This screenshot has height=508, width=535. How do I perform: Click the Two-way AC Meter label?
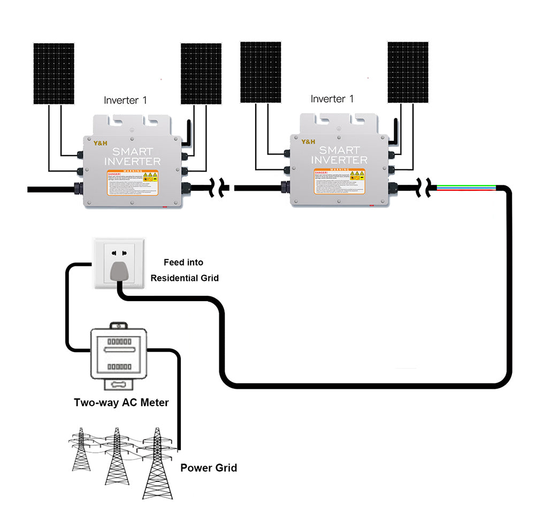pos(121,402)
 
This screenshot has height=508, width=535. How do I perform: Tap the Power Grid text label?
pos(208,468)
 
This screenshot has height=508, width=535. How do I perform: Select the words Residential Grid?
pos(184,278)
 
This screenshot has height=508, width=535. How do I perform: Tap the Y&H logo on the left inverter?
pos(102,143)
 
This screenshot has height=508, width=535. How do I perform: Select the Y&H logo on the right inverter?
pos(309,142)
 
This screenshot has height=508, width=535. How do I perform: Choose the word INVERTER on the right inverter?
pos(339,160)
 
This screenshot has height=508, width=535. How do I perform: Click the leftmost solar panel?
pos(54,73)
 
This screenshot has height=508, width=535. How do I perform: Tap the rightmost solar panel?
pos(408,72)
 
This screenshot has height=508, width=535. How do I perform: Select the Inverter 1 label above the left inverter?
pos(125,100)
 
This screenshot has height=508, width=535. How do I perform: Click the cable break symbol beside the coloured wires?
pos(429,188)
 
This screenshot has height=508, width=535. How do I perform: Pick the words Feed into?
pos(183,263)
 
